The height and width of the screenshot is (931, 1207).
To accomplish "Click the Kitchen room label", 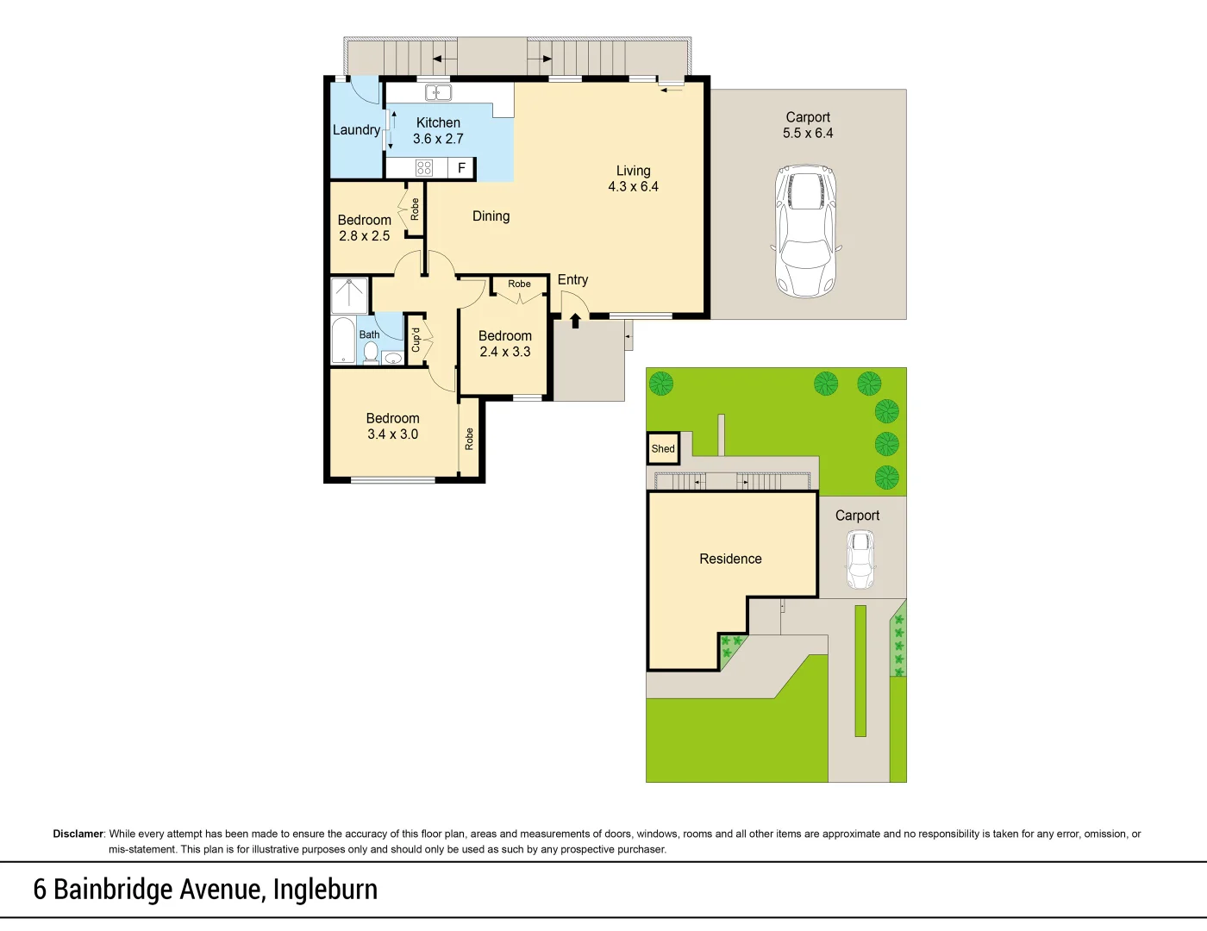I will click(x=438, y=123).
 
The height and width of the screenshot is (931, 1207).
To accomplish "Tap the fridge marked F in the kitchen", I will click(x=461, y=168).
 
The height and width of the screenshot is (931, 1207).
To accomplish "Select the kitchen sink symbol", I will click(x=438, y=93).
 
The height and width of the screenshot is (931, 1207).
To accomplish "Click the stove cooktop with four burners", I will click(x=424, y=168).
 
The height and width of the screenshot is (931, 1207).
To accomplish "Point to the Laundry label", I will click(x=356, y=130).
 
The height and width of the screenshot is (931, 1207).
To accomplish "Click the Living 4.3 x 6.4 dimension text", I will click(x=633, y=186).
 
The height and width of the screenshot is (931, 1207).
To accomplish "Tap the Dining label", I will click(x=491, y=216).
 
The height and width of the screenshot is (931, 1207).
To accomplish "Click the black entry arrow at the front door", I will click(x=575, y=322).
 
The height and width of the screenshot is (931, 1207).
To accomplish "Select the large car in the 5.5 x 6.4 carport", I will click(x=806, y=230).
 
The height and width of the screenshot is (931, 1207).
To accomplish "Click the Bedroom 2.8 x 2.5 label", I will click(x=364, y=228).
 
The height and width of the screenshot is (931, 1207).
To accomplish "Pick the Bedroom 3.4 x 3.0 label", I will click(x=392, y=426).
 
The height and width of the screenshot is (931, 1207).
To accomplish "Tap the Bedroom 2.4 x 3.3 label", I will click(x=505, y=344).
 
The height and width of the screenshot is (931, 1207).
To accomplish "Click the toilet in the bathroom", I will click(x=371, y=353).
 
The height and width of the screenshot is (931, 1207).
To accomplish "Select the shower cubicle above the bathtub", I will click(x=350, y=295).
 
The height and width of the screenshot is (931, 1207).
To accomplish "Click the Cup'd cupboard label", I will click(x=416, y=340).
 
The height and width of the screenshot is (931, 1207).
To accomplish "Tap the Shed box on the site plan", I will click(x=663, y=448).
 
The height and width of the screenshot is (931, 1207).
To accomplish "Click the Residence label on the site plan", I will click(x=730, y=559).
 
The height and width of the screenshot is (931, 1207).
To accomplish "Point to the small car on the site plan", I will click(x=860, y=559).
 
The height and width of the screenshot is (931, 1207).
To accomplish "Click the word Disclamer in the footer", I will click(x=78, y=834).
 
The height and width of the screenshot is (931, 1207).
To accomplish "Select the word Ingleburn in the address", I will click(x=325, y=890).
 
